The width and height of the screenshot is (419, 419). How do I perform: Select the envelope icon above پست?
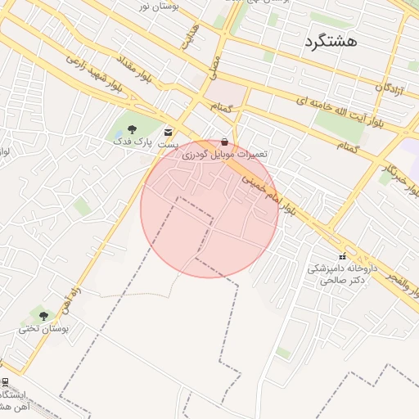click(169, 132)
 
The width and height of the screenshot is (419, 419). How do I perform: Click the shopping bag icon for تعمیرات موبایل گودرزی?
click(225, 141)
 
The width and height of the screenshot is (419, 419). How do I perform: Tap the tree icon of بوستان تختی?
click(43, 315)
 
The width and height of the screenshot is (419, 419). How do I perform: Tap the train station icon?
click(5, 381)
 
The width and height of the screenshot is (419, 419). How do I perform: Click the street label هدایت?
click(189, 38)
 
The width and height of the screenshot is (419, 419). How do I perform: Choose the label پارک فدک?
click(133, 141)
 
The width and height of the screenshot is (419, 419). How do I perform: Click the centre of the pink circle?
click(209, 208)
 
